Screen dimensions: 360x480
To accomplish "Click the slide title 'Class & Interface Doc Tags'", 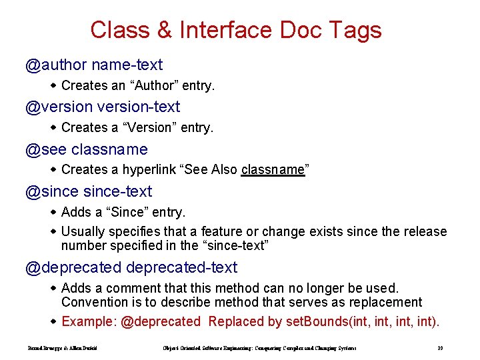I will coord(235,30).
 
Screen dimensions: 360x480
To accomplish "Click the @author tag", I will coord(56,65).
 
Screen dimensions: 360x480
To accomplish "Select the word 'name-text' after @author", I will coord(127,65).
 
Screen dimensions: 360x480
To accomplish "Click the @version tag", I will coord(59,107).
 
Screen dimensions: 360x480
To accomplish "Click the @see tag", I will coord(46,149).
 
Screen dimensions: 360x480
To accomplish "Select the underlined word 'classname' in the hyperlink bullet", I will coord(273,170).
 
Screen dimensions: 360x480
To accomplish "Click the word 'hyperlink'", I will coord(149,170).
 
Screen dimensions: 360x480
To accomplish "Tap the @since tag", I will coord(52,191).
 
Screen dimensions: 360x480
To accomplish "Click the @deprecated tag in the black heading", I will coord(73,267).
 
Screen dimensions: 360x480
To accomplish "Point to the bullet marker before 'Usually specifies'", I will coord(54,231).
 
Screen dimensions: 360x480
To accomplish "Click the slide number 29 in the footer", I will coord(440,348).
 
